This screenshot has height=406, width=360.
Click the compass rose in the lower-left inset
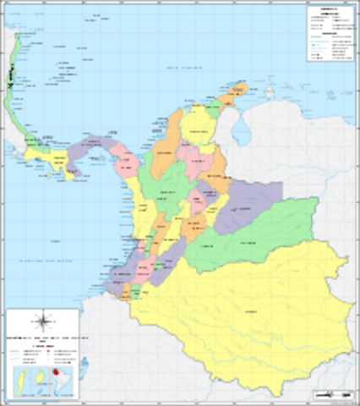[42, 321]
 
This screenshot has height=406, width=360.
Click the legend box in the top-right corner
[330, 34]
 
